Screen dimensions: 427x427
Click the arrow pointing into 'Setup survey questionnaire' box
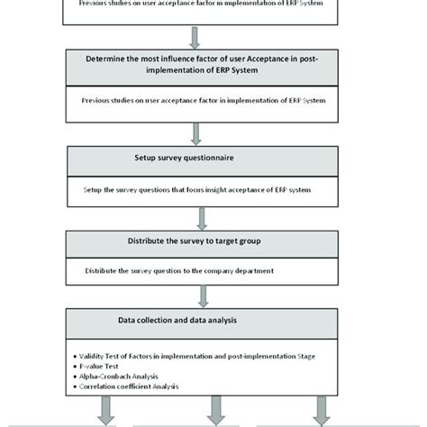[x=196, y=132]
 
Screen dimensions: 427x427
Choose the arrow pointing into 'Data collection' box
[x=196, y=298]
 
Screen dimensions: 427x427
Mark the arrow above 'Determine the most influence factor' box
[x=196, y=36]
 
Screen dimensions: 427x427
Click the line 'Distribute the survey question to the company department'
[x=193, y=270]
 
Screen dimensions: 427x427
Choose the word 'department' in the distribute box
[x=276, y=270]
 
